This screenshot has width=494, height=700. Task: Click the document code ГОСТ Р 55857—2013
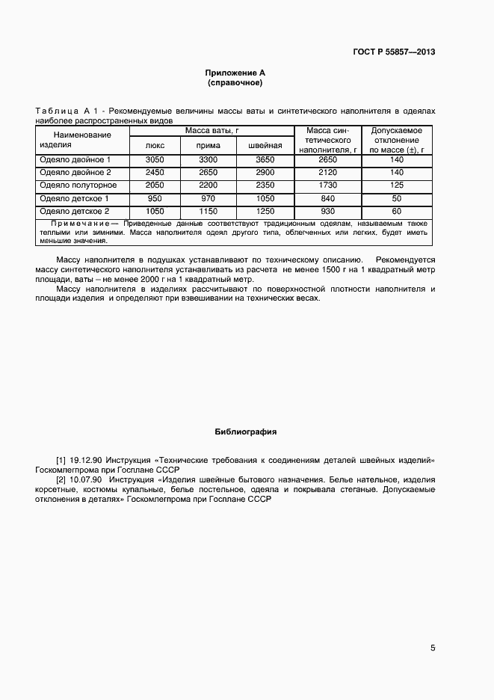pos(393,52)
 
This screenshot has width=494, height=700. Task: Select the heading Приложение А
pos(235,73)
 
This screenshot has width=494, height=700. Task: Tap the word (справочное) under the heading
pos(235,82)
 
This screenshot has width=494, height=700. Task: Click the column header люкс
pos(154,145)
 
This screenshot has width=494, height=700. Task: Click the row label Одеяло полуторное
pos(78,185)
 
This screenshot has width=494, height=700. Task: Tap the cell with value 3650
pos(265,159)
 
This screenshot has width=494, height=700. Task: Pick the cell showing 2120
pos(328,172)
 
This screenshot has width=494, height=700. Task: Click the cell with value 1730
pos(328,185)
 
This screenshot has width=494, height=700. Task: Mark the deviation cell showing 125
pos(396,185)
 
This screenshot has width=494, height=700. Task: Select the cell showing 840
pos(328,198)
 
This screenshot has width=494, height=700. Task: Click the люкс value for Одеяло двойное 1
pos(154,159)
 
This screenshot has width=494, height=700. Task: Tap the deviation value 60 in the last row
pos(396,211)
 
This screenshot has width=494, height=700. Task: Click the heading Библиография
pos(246,432)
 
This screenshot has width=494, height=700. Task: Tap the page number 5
pos(433,648)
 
